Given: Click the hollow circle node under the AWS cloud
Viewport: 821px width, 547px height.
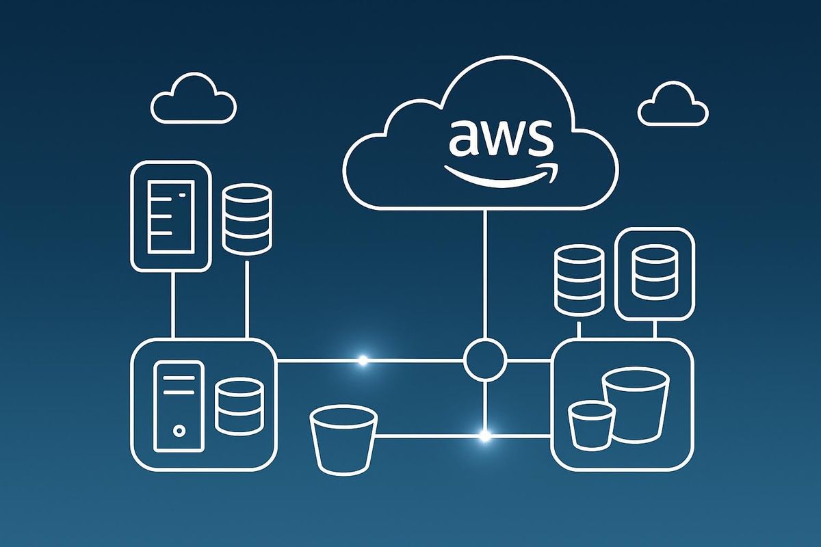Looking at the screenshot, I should [x=485, y=358].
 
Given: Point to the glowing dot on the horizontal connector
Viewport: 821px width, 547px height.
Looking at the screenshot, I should [x=363, y=359].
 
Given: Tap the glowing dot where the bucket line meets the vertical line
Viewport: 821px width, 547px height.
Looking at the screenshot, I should [x=485, y=435].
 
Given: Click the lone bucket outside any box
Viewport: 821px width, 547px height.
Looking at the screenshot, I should [x=343, y=438].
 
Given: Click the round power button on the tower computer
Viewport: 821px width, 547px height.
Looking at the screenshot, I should [x=179, y=431].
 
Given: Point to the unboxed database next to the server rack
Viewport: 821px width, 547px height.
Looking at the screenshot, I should [x=248, y=218].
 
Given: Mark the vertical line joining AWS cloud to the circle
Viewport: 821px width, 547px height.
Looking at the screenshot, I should [x=485, y=273].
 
